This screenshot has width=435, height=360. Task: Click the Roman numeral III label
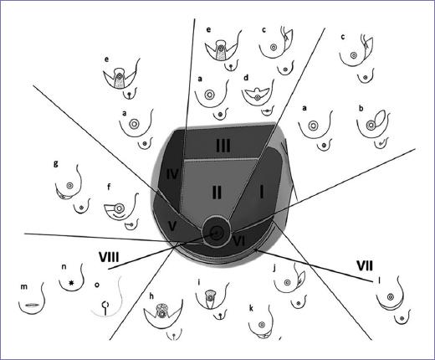click(223, 146)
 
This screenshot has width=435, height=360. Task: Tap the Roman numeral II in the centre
click(217, 192)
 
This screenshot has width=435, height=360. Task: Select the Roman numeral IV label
click(172, 175)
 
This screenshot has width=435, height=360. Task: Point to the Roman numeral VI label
click(239, 241)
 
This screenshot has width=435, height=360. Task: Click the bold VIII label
click(109, 257)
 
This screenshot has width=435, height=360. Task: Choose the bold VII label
click(365, 266)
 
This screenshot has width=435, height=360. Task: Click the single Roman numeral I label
click(262, 192)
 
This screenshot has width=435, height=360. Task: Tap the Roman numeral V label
click(172, 225)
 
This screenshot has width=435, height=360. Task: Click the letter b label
click(361, 108)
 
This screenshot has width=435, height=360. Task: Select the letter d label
click(246, 77)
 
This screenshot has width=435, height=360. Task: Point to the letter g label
click(56, 163)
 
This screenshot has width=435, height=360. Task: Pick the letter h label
click(151, 296)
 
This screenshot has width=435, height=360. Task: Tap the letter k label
click(251, 308)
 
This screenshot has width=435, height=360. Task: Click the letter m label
click(24, 286)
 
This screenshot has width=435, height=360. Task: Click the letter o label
click(97, 285)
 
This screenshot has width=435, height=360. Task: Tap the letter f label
click(109, 187)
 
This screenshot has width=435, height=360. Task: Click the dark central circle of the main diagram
click(216, 232)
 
